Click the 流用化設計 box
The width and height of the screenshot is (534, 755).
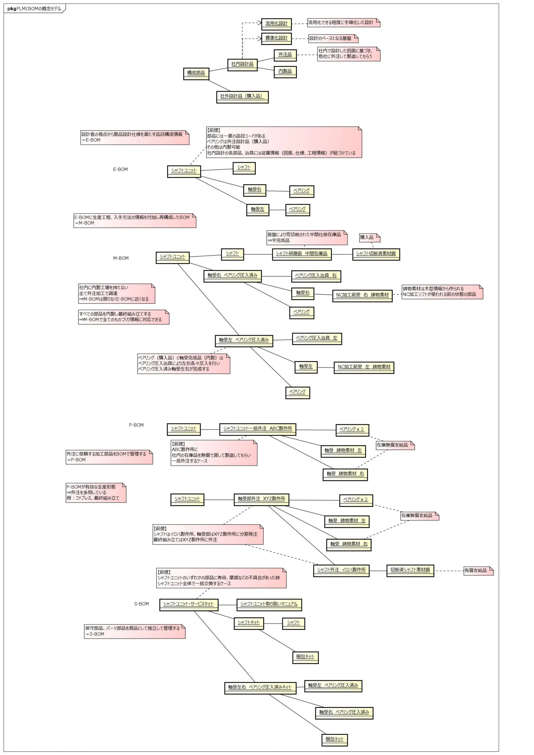(x=276, y=24)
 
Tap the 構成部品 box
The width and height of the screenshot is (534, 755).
(x=196, y=73)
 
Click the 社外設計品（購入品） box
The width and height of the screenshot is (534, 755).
(x=242, y=97)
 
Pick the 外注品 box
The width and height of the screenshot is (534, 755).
(x=285, y=55)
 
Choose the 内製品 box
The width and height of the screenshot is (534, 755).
(x=285, y=72)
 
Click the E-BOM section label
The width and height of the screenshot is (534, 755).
(x=120, y=169)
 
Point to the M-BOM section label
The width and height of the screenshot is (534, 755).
(x=121, y=258)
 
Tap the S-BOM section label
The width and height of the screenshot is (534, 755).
(x=141, y=604)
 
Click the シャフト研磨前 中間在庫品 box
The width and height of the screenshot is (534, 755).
(x=301, y=254)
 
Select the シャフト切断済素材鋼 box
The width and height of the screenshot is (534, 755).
(x=376, y=254)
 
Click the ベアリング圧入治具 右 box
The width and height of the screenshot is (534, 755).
(x=316, y=276)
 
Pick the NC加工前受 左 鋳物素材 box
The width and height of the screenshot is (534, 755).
(x=364, y=367)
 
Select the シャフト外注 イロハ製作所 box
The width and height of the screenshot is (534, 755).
(x=341, y=570)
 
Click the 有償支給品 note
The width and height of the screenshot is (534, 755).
(x=478, y=570)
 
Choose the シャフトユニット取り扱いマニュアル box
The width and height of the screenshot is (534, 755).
(x=269, y=604)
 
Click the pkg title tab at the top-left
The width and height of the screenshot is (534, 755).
(x=34, y=9)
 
